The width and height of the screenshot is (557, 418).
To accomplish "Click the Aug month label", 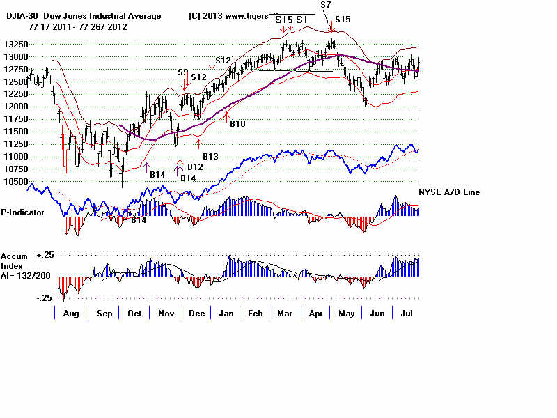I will click(x=71, y=313).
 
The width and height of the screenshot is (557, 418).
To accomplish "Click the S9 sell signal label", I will click(x=183, y=72).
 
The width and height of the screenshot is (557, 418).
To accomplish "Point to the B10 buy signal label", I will click(x=238, y=123).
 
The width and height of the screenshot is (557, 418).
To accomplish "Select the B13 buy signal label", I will click(x=211, y=157).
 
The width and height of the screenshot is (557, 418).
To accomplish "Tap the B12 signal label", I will click(x=195, y=167).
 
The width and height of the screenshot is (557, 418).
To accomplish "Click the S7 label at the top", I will click(x=326, y=5).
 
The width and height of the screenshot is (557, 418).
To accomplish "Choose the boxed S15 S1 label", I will click(x=290, y=20).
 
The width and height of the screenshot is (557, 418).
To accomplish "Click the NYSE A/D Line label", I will click(x=449, y=192).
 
